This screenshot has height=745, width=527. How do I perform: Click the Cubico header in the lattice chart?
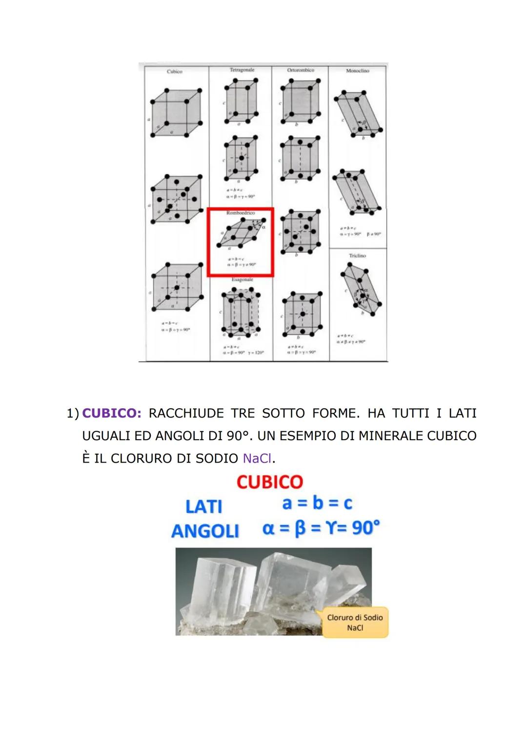point(174,71)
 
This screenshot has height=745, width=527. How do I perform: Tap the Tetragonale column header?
point(242,70)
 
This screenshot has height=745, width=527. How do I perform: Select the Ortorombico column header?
point(301,70)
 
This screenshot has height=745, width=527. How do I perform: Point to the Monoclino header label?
point(357,71)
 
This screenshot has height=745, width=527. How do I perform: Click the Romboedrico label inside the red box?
point(240,213)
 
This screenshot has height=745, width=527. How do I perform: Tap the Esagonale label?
point(242,280)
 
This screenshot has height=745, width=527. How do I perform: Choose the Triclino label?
point(357,255)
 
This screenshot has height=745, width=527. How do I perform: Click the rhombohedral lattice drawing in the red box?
point(242,232)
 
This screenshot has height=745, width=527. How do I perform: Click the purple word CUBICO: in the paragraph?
point(112,413)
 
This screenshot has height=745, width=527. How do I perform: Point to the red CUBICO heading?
point(269,482)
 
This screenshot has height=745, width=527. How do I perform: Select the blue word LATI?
point(204,506)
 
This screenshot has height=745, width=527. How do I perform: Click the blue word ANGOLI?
point(205,531)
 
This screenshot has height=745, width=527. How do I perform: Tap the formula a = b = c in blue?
point(317,503)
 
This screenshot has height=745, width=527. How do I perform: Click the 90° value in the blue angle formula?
point(365,527)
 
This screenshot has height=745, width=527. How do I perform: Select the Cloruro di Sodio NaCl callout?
point(355,622)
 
